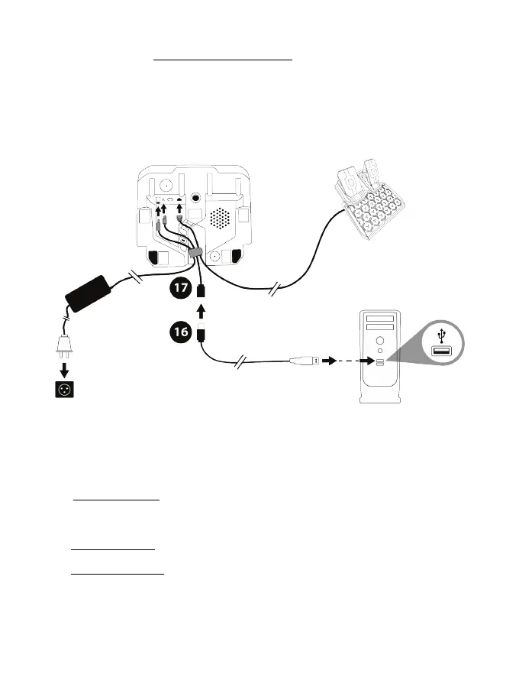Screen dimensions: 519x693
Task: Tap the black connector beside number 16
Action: (x=201, y=333)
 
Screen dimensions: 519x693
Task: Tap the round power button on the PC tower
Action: (x=379, y=341)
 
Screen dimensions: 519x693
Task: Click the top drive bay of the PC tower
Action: (x=379, y=318)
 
